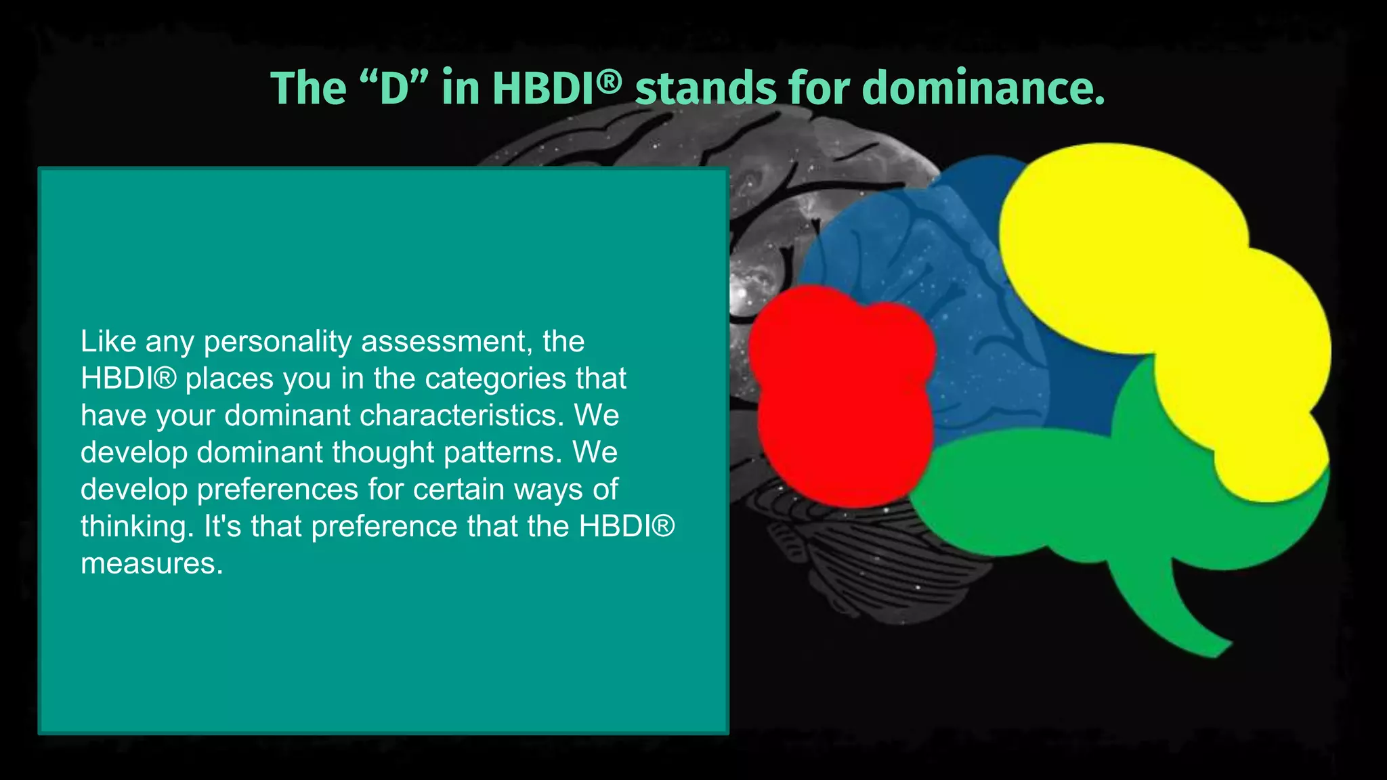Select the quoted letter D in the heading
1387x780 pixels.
(x=394, y=89)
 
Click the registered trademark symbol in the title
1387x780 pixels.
(x=610, y=81)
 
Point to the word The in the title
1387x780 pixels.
(x=308, y=89)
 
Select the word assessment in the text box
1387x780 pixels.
(x=444, y=342)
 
